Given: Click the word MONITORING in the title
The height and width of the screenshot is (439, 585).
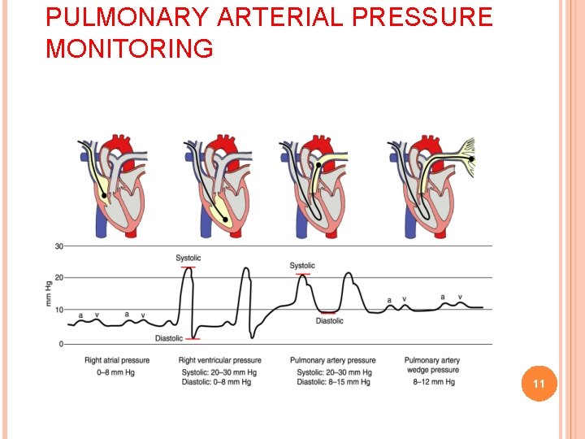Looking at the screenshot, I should (130, 50).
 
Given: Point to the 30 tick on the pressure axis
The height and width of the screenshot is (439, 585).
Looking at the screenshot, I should (58, 246).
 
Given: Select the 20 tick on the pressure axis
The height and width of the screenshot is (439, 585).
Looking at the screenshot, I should (58, 278).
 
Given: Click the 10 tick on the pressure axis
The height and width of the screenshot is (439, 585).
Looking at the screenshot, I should (58, 309).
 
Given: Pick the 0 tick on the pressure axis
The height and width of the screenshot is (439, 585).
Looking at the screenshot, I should (61, 344).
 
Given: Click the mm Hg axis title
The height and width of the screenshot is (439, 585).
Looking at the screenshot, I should (48, 293).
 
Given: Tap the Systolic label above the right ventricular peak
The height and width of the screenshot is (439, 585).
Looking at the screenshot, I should (188, 259).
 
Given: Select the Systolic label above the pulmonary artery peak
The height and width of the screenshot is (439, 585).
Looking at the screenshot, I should (302, 266).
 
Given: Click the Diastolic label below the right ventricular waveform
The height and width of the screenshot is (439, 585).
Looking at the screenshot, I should (168, 338).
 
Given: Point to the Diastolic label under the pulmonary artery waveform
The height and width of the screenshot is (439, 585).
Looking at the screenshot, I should (329, 320).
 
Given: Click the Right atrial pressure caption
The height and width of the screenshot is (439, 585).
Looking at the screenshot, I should (117, 360).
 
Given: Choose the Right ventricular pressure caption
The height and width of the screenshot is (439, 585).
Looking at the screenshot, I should (219, 360).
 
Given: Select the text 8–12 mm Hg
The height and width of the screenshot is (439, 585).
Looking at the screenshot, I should (431, 382).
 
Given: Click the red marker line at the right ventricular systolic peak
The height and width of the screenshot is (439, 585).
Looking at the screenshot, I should (188, 267).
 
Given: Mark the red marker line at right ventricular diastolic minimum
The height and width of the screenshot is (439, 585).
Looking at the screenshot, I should (193, 338).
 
